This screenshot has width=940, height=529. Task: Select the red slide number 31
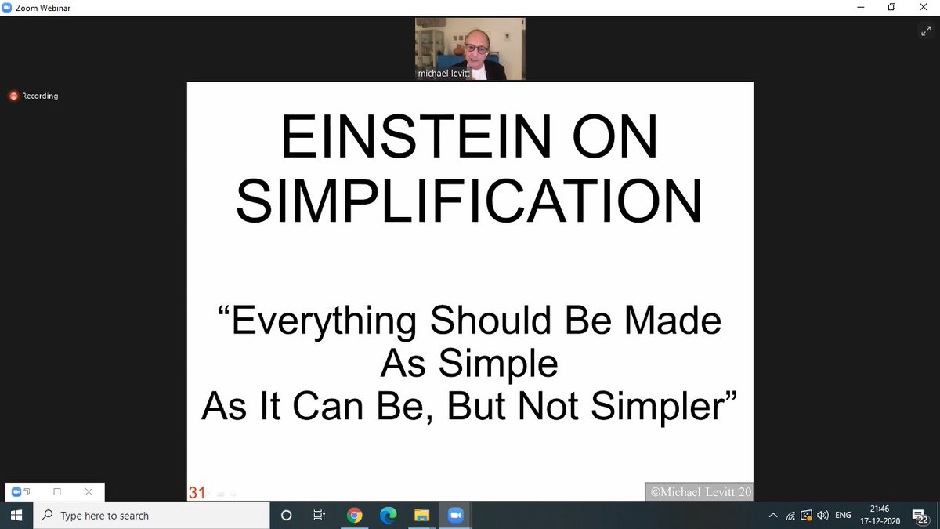[x=197, y=493]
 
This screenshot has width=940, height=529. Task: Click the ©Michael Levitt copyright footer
[x=699, y=492]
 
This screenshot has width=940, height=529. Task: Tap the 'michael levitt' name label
[x=443, y=74]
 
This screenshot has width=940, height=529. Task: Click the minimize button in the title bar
[x=856, y=7]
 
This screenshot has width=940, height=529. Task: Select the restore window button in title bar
[x=891, y=7]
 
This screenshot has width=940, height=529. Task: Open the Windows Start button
[x=16, y=515]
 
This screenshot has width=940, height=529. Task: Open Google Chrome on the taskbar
[x=354, y=515]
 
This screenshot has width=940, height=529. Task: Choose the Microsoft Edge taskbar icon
[x=388, y=515]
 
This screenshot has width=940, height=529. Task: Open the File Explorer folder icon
[x=421, y=515]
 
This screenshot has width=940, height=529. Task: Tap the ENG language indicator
[x=843, y=515]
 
